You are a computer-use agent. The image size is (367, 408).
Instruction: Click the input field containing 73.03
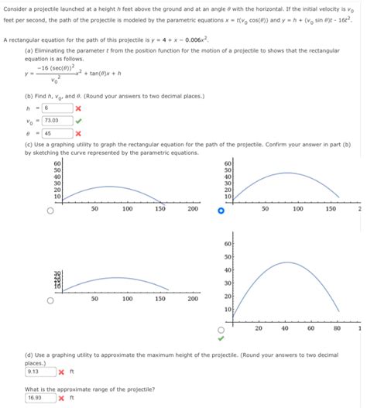[x=59, y=120]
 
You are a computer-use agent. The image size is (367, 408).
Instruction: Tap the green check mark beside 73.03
[x=79, y=120]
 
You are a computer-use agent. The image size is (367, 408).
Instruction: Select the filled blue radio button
[x=221, y=208]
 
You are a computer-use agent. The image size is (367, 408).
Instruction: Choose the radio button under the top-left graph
[x=51, y=208]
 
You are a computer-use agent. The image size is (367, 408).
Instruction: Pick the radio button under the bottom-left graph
[x=51, y=301]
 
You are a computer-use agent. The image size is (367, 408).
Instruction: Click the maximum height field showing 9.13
[x=39, y=370]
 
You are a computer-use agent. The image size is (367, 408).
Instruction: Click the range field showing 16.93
[x=39, y=398]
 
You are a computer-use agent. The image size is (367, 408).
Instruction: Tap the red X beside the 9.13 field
[x=61, y=371]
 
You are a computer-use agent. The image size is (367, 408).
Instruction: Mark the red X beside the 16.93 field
[x=61, y=398]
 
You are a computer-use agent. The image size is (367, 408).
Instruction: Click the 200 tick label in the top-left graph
[x=192, y=208]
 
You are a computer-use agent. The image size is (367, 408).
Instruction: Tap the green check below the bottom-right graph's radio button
[x=221, y=338]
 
